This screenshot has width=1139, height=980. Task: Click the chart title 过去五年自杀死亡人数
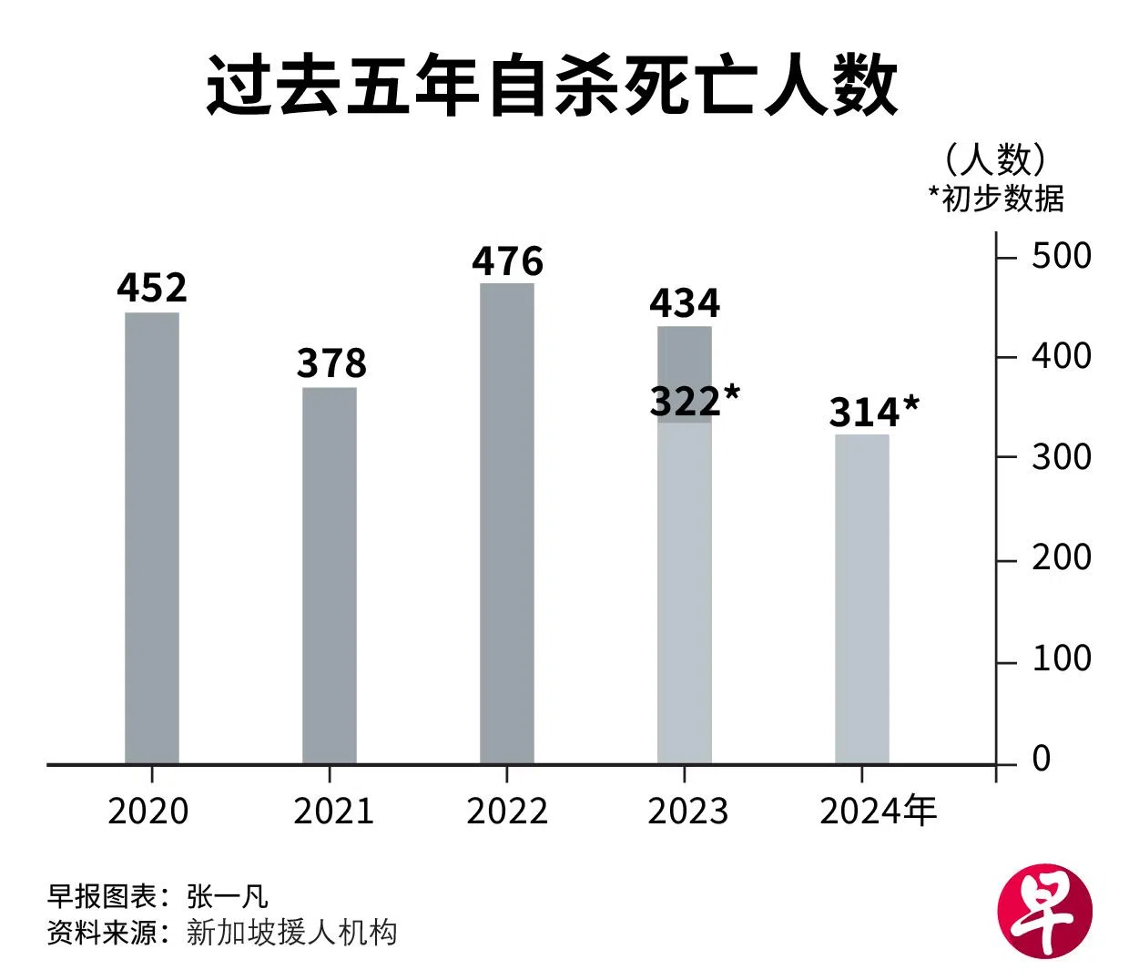[x=552, y=87]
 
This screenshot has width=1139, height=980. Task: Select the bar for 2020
[x=152, y=537]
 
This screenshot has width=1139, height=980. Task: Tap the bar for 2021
[x=330, y=576]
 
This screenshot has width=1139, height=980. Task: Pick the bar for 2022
[x=507, y=524]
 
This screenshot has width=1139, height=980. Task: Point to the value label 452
[x=152, y=288]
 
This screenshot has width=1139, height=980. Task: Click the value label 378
[x=331, y=363]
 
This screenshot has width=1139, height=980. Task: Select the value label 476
[x=507, y=261]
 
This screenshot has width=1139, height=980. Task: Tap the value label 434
[x=685, y=303]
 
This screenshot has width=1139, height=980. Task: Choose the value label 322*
[x=695, y=401]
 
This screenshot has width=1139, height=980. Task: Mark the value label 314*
[x=873, y=413]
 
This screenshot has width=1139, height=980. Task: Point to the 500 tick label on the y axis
[x=1061, y=256]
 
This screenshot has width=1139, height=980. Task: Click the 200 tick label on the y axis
[x=1061, y=557]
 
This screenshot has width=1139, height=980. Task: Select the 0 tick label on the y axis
[x=1042, y=759]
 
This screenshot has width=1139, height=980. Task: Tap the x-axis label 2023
[x=687, y=811]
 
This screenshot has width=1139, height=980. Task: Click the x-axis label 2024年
[x=878, y=811]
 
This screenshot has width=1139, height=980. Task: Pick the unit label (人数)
[x=995, y=160]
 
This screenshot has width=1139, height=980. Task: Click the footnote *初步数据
[x=995, y=198]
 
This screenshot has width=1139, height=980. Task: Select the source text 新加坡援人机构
[x=291, y=933]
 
